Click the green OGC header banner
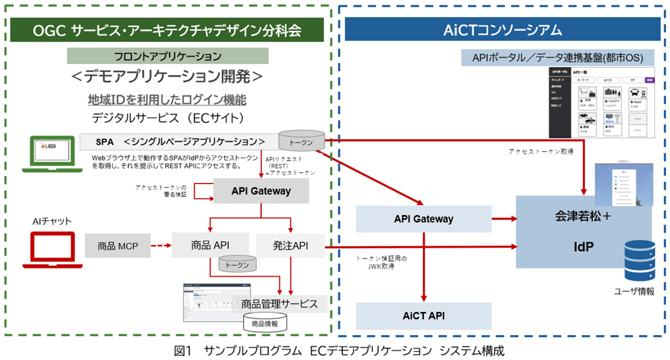167,30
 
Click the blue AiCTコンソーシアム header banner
502,30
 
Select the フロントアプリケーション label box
167,56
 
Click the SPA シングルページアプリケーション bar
178,141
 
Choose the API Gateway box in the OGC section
261,192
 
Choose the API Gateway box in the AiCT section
423,218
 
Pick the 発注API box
290,245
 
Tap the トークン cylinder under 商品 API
238,265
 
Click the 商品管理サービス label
280,303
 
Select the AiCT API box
423,316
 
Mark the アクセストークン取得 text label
540,151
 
